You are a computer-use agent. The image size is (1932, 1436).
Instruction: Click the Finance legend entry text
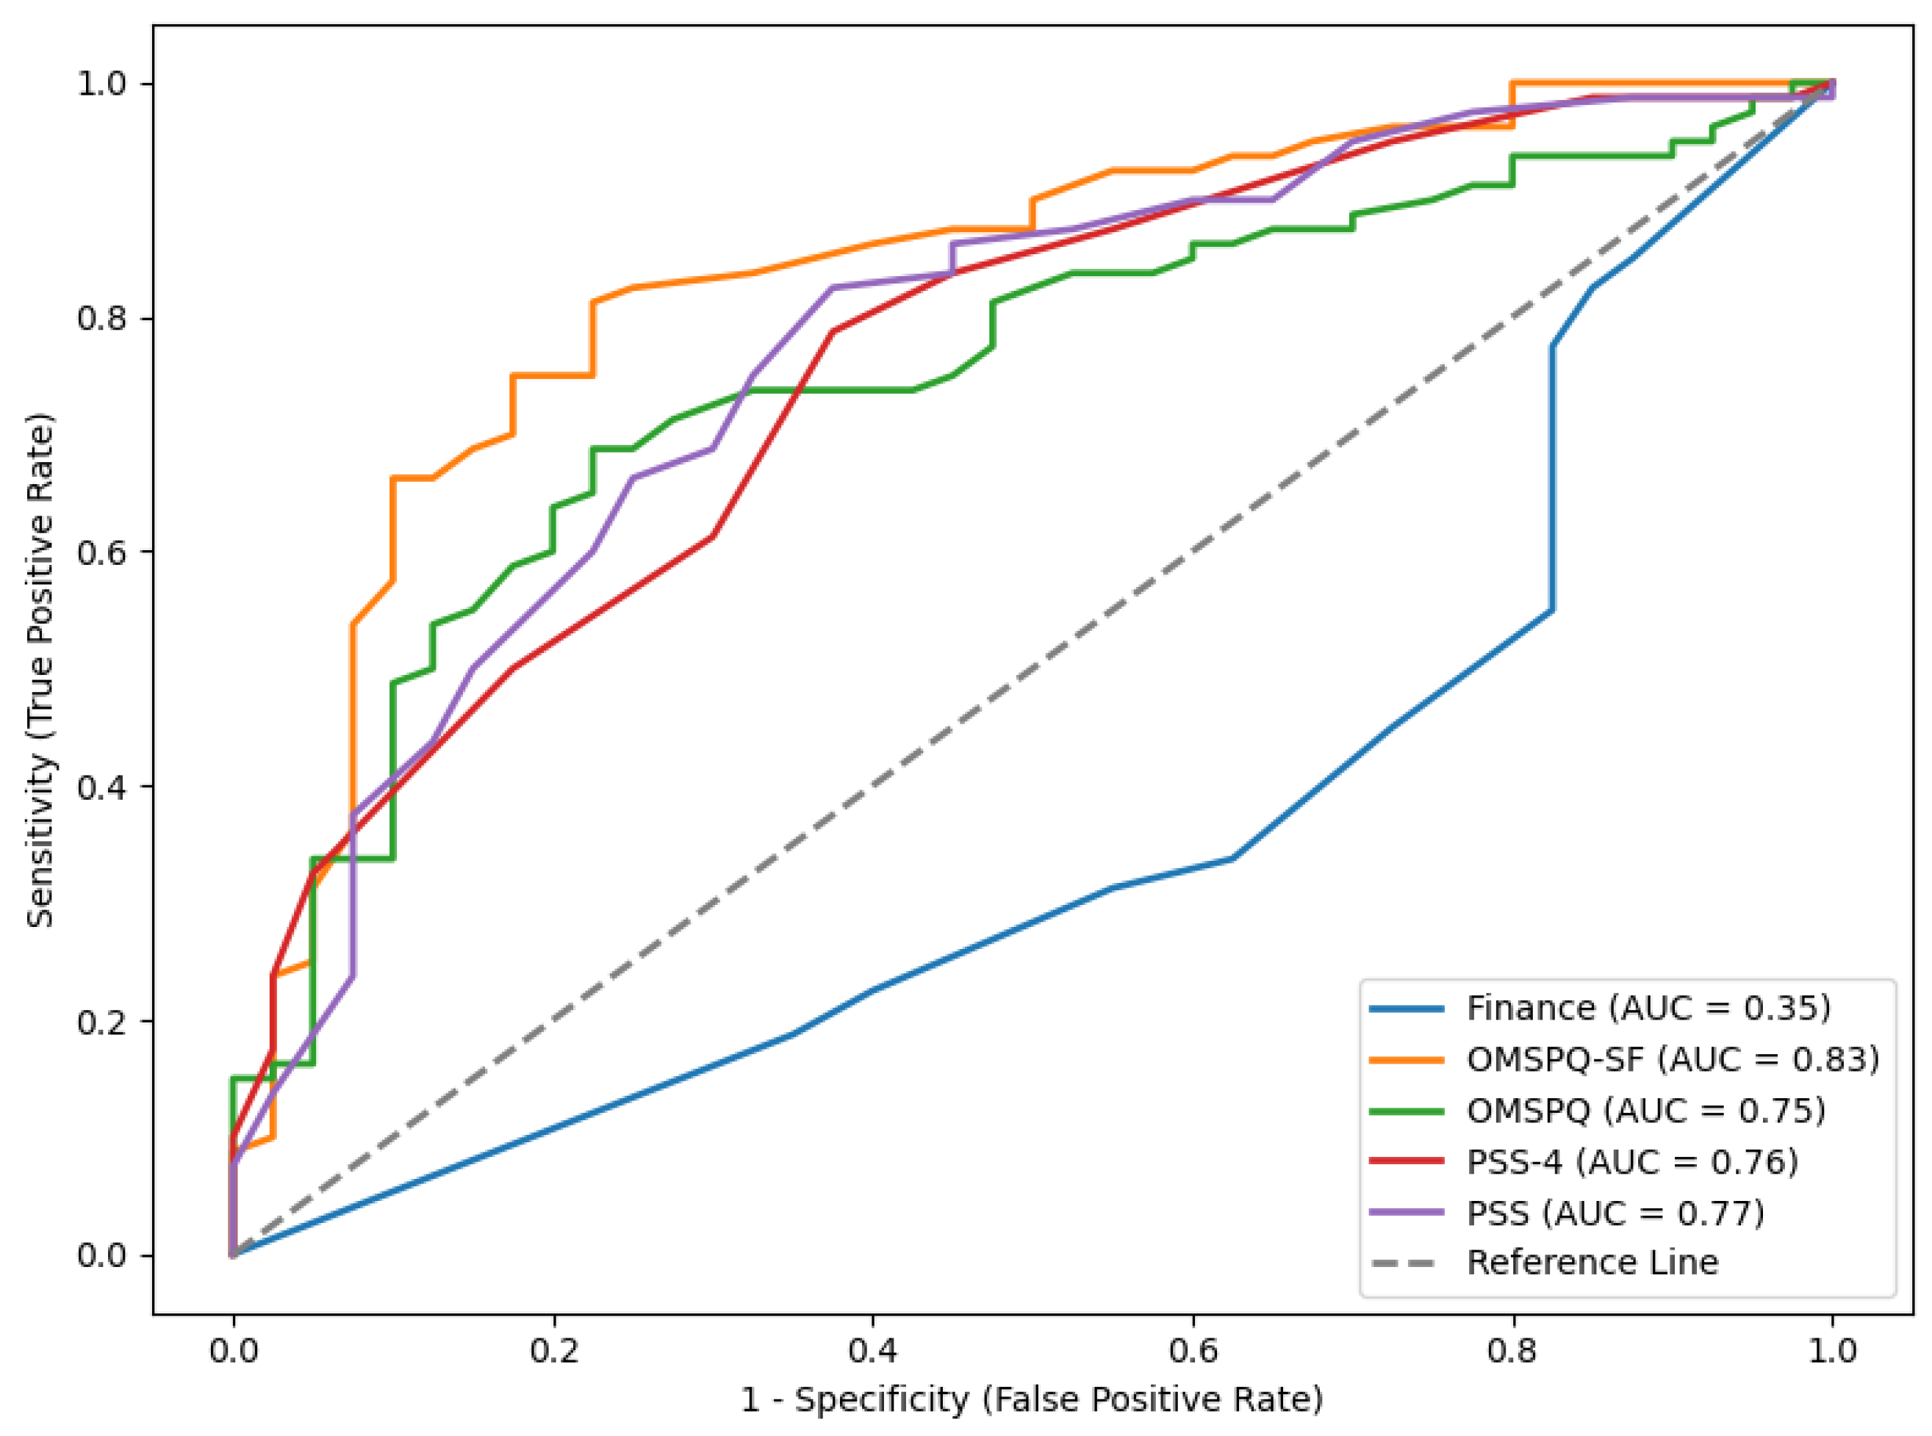pyautogui.click(x=1648, y=1009)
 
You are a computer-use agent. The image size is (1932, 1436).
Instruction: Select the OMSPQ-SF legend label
pyautogui.click(x=1672, y=1060)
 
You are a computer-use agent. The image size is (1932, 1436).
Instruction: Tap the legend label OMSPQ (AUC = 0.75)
pyautogui.click(x=1645, y=1111)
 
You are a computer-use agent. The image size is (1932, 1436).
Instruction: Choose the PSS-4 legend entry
pyautogui.click(x=1632, y=1162)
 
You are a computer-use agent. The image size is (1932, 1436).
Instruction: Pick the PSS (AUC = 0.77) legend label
pyautogui.click(x=1615, y=1213)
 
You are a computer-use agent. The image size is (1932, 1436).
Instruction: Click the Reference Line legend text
pyautogui.click(x=1592, y=1262)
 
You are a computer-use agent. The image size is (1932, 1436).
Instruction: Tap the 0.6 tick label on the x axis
pyautogui.click(x=1193, y=1352)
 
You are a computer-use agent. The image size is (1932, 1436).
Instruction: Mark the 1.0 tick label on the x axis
pyautogui.click(x=1833, y=1352)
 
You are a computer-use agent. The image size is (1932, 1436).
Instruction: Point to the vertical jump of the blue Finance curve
pyautogui.click(x=1552, y=478)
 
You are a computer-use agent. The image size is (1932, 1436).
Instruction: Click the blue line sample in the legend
pyautogui.click(x=1406, y=1009)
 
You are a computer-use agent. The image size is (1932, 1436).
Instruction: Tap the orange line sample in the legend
pyautogui.click(x=1406, y=1061)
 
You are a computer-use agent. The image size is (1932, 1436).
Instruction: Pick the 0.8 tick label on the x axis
pyautogui.click(x=1513, y=1352)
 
